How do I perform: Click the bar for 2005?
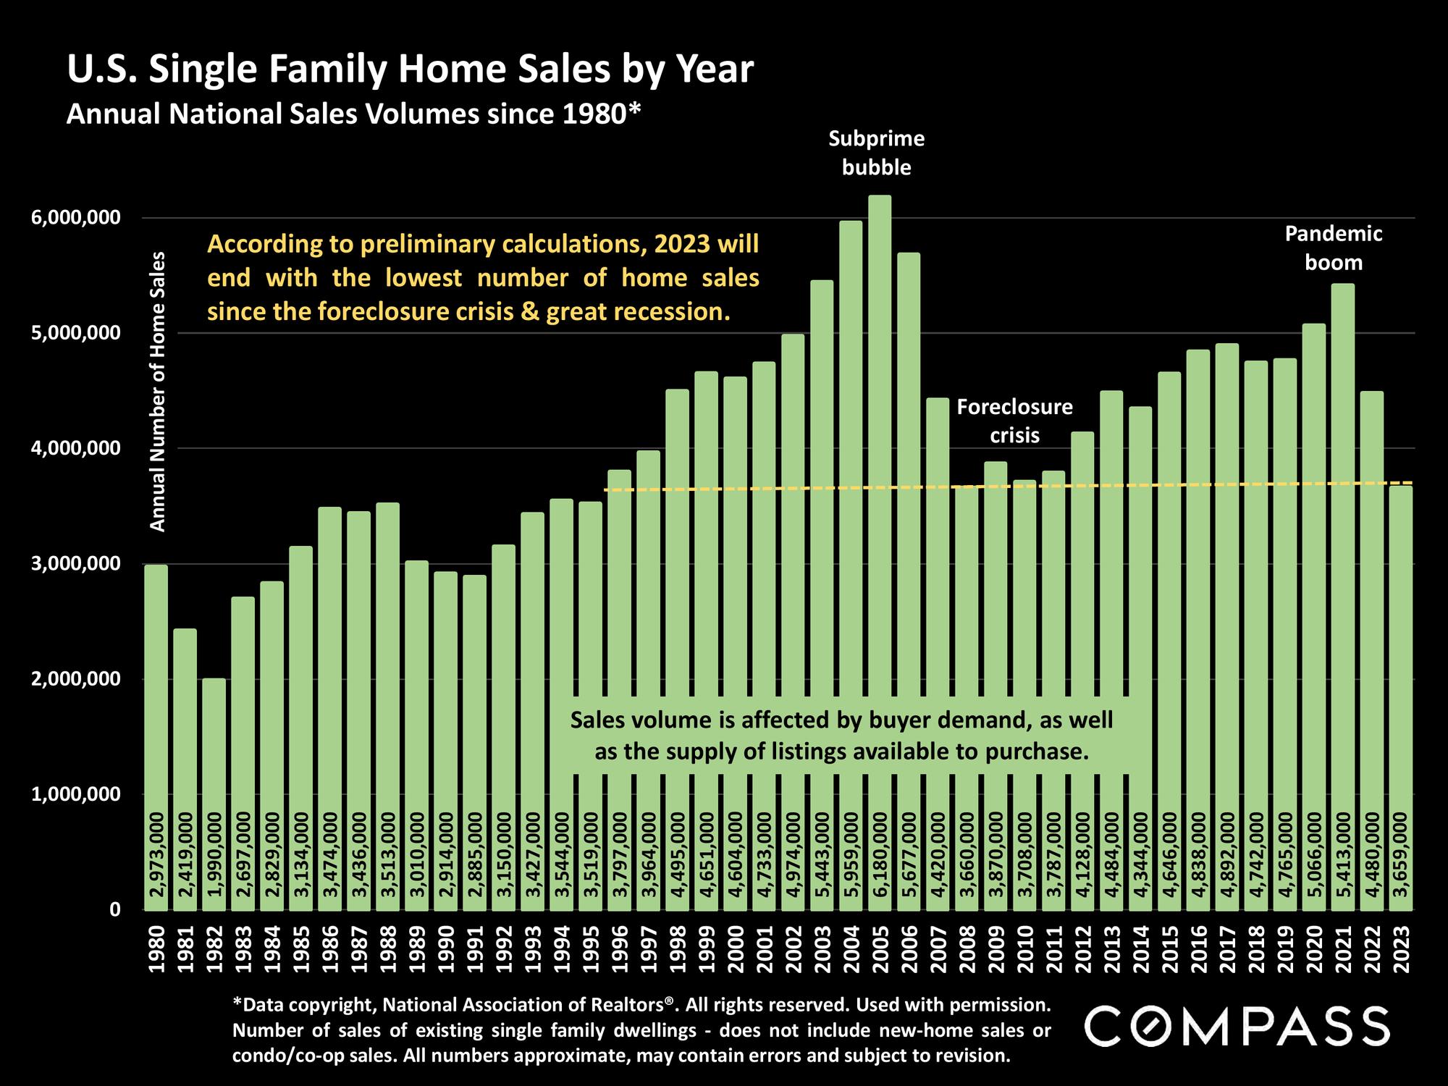coord(880,507)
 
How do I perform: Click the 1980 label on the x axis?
coord(156,948)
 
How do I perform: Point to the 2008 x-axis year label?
coord(967,948)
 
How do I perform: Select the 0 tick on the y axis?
coord(114,910)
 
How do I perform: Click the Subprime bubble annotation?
coord(876,153)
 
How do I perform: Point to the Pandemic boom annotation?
coord(1334,248)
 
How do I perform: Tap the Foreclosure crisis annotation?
coord(1014,421)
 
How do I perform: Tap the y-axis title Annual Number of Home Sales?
coord(157,391)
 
